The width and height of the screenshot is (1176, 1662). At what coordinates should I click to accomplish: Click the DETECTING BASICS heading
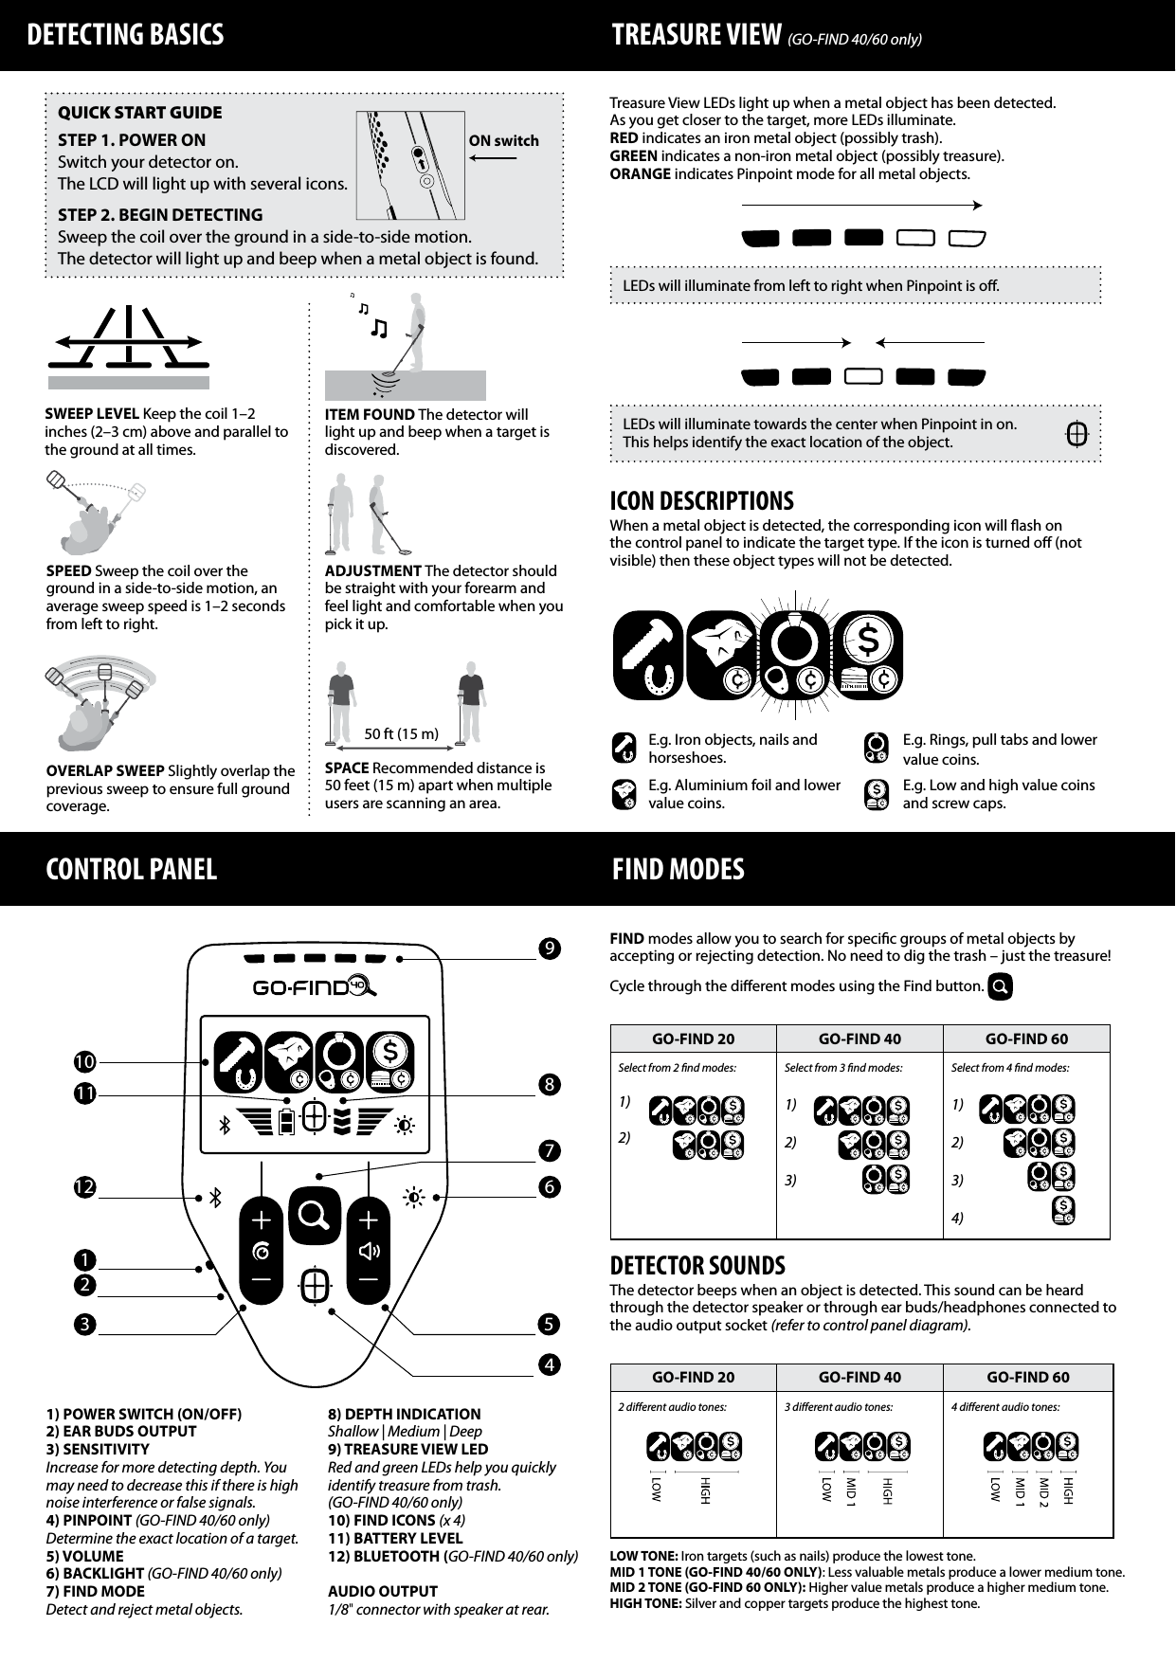click(125, 35)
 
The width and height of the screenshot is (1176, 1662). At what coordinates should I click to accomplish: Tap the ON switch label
click(503, 141)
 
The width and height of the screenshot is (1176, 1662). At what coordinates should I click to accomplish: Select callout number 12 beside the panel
click(85, 1186)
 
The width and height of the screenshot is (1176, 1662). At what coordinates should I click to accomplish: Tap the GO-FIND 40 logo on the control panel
click(314, 987)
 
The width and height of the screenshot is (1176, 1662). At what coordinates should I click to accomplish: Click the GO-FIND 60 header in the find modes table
click(1026, 1039)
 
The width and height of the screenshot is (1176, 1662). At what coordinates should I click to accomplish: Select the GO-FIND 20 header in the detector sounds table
click(693, 1377)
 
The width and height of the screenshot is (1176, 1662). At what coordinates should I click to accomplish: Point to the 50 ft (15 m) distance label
click(402, 734)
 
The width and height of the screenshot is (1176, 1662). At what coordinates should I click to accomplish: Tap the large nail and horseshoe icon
click(648, 654)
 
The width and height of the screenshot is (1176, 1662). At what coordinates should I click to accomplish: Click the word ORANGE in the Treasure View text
click(640, 174)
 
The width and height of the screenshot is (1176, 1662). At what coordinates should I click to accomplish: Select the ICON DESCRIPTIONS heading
click(701, 500)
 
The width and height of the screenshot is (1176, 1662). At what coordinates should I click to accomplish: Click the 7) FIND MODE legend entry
click(95, 1591)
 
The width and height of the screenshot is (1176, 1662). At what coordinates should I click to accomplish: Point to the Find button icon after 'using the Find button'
click(1000, 986)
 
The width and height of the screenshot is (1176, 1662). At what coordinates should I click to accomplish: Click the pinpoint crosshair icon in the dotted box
click(1076, 435)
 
